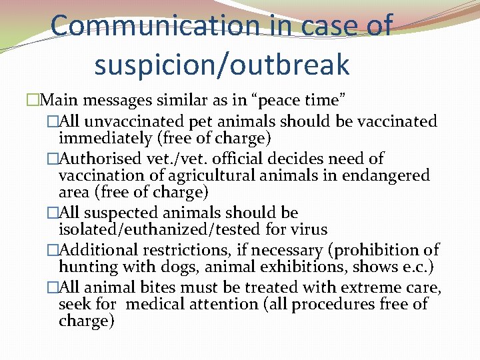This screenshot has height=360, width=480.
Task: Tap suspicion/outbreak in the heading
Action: (x=222, y=64)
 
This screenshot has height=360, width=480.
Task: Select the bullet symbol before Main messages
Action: (x=33, y=101)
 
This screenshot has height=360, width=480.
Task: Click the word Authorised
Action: (x=107, y=159)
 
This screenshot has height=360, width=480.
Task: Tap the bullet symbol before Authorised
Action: (x=53, y=159)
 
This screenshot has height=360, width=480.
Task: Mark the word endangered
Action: (x=390, y=176)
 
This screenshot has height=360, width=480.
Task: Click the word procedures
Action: (x=335, y=305)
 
